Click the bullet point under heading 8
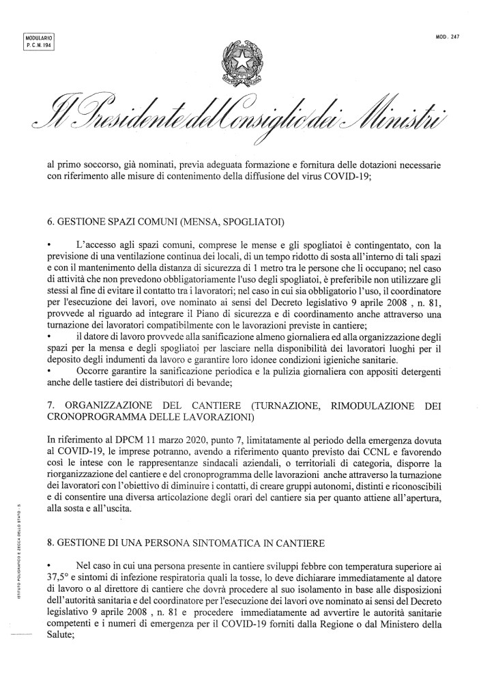point(49,566)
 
